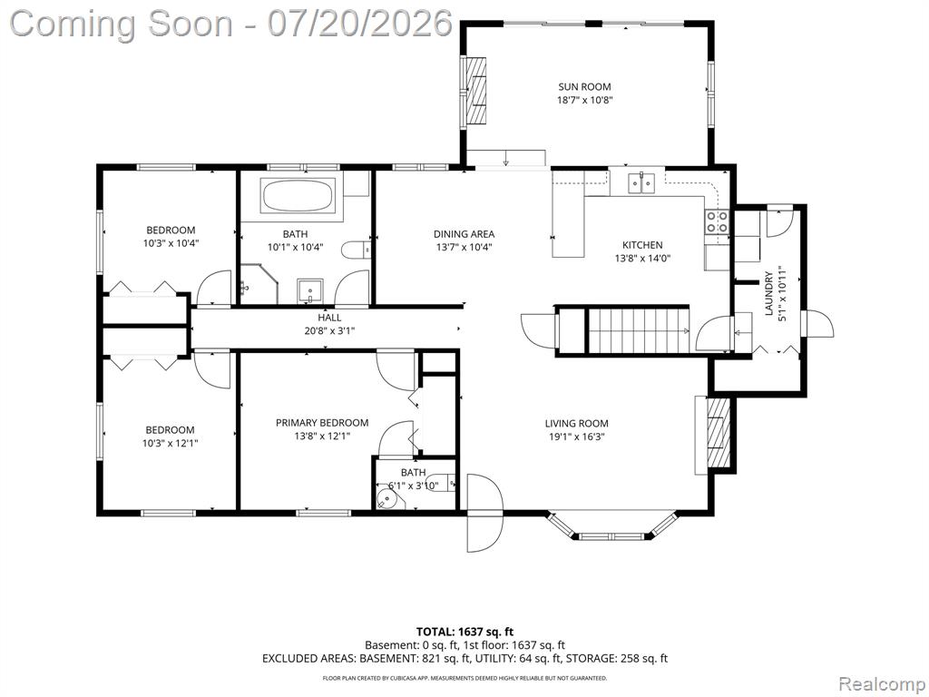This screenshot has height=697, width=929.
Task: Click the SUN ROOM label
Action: [x=584, y=86]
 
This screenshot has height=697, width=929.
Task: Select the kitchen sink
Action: [x=641, y=183]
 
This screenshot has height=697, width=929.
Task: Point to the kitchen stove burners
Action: [x=716, y=221]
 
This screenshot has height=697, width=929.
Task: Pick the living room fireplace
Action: [x=717, y=435]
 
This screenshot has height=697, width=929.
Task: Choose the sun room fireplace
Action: [x=475, y=91]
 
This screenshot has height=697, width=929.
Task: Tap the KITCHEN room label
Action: [x=642, y=245]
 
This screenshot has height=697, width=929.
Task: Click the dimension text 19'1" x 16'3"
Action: [x=576, y=437]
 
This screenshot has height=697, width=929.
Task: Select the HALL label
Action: [x=329, y=318]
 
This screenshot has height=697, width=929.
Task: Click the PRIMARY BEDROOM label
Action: [x=322, y=423]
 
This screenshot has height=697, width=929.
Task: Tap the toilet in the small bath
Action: [x=441, y=483]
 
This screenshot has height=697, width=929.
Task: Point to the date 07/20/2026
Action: [x=360, y=23]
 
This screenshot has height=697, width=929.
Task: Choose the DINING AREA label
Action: [x=464, y=234]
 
